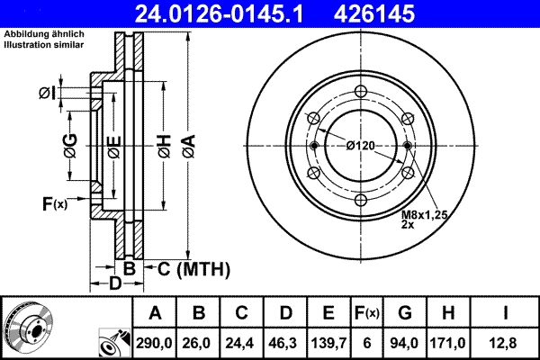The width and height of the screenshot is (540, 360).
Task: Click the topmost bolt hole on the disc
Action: pyautogui.click(x=360, y=91)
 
